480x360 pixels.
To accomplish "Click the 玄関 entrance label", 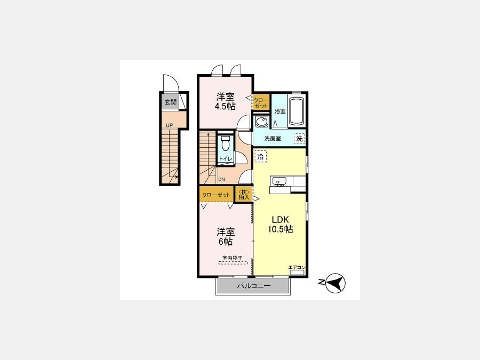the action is (x=171, y=102).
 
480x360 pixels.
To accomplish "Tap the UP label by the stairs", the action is (x=169, y=125).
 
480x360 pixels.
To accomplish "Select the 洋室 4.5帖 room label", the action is (x=226, y=102).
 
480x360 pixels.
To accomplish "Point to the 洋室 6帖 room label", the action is (x=226, y=236).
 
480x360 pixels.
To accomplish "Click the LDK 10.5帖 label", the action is (x=281, y=225).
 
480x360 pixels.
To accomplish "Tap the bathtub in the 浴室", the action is (x=297, y=111).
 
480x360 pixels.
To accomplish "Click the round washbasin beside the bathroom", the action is (x=261, y=122).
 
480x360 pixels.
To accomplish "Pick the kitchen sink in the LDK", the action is (x=278, y=181).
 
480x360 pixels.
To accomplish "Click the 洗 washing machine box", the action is (x=299, y=138).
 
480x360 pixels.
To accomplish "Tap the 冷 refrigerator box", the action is (x=260, y=157).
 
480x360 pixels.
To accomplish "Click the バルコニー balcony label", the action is (x=254, y=286).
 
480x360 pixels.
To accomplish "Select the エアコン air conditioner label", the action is (x=297, y=268).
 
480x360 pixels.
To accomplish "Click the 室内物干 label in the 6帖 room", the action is (x=233, y=258).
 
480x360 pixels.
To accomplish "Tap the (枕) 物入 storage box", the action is (x=244, y=195).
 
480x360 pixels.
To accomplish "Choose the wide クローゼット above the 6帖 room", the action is (x=216, y=195).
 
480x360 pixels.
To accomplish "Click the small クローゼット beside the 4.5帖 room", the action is (x=261, y=102).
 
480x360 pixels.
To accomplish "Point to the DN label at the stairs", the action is (x=222, y=179).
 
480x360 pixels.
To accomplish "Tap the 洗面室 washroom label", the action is (x=273, y=138).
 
